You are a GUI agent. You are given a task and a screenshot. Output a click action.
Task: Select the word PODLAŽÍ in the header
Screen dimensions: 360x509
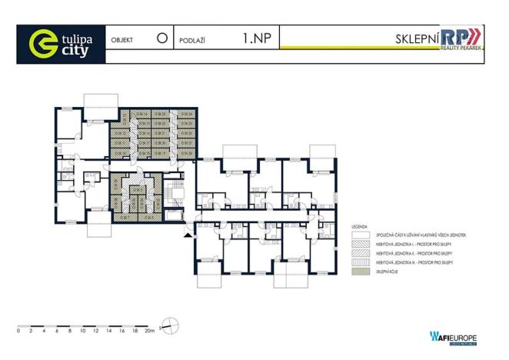(x=196, y=38)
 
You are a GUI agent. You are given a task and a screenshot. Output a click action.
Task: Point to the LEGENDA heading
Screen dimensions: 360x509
(x=359, y=228)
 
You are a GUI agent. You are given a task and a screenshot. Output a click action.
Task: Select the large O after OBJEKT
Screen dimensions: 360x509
(x=161, y=37)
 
